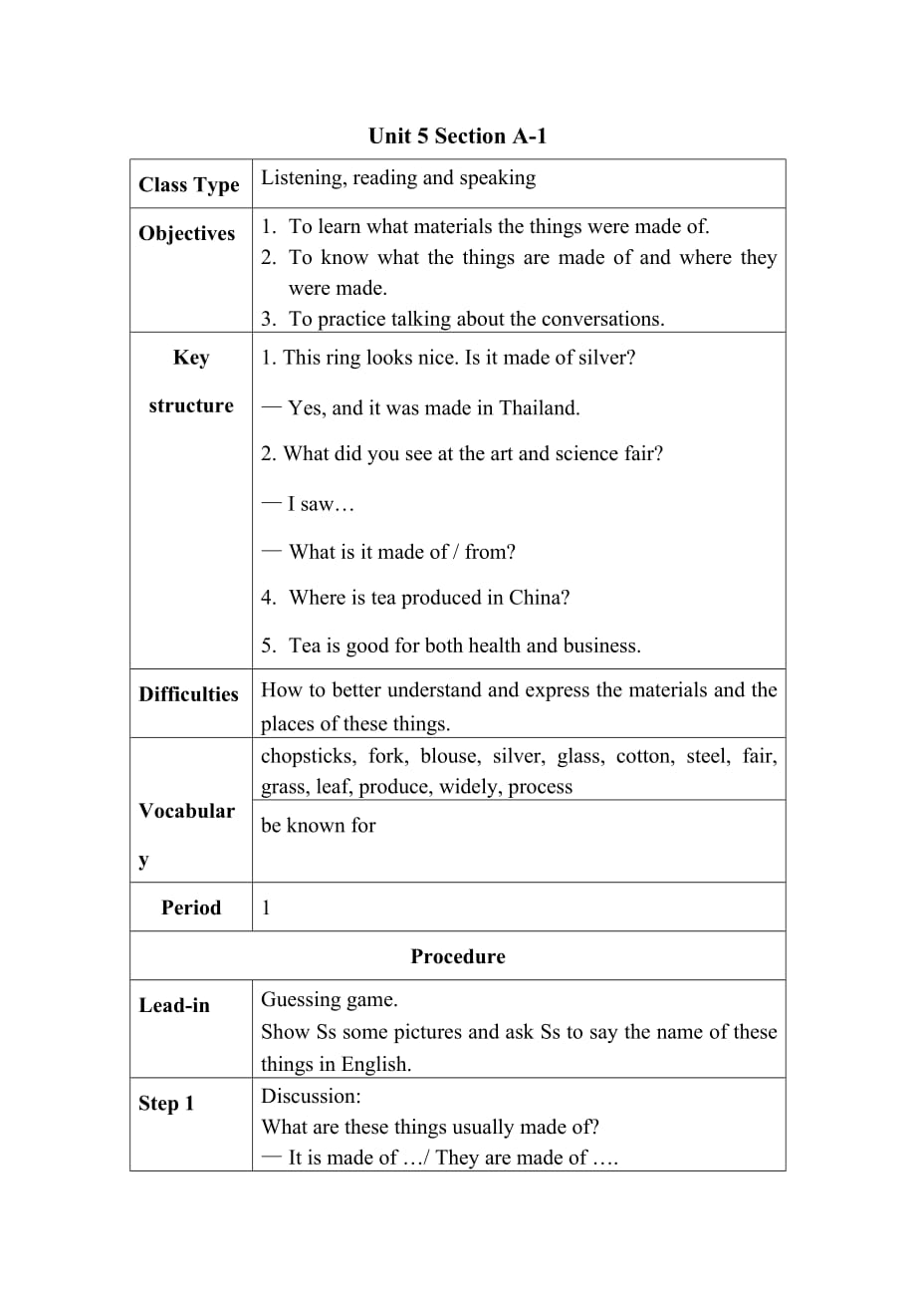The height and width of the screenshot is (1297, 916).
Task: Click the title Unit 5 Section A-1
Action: coord(457,135)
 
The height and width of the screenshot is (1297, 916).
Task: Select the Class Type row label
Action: coord(189,185)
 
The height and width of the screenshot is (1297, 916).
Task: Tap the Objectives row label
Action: coord(187,233)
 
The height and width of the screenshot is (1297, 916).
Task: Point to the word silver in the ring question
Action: coord(600,358)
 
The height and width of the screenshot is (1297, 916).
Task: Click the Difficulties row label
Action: coord(189,694)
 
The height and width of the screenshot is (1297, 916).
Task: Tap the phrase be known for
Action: coord(319,825)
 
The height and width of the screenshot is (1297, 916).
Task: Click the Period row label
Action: coord(191,908)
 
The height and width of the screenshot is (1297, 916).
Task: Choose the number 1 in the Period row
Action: coord(266,908)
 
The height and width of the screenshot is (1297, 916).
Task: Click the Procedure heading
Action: coord(457,956)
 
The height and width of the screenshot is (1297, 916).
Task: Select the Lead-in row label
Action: coord(174,1005)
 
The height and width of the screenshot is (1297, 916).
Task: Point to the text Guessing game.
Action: coord(329,999)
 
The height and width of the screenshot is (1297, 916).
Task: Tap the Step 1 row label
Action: coord(166,1104)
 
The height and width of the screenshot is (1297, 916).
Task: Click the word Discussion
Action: coord(310,1096)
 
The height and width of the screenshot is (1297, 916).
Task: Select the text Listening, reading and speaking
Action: coord(398,178)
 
